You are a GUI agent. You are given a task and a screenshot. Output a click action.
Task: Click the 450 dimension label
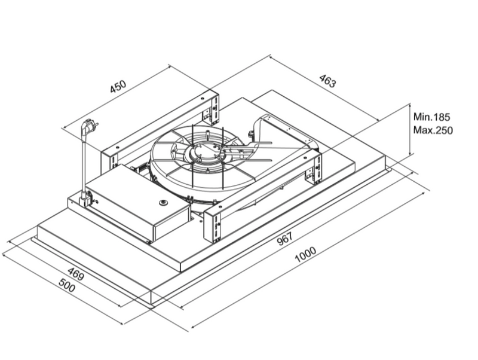tap(118, 87)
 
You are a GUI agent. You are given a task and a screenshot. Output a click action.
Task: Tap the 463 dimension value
tap(327, 81)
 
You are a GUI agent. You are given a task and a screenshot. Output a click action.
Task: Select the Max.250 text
tap(433, 130)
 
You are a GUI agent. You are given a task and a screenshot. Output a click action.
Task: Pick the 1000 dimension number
tap(305, 255)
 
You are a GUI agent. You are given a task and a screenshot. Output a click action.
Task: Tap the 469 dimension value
tap(75, 274)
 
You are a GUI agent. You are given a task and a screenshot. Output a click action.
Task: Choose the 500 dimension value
tap(66, 286)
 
